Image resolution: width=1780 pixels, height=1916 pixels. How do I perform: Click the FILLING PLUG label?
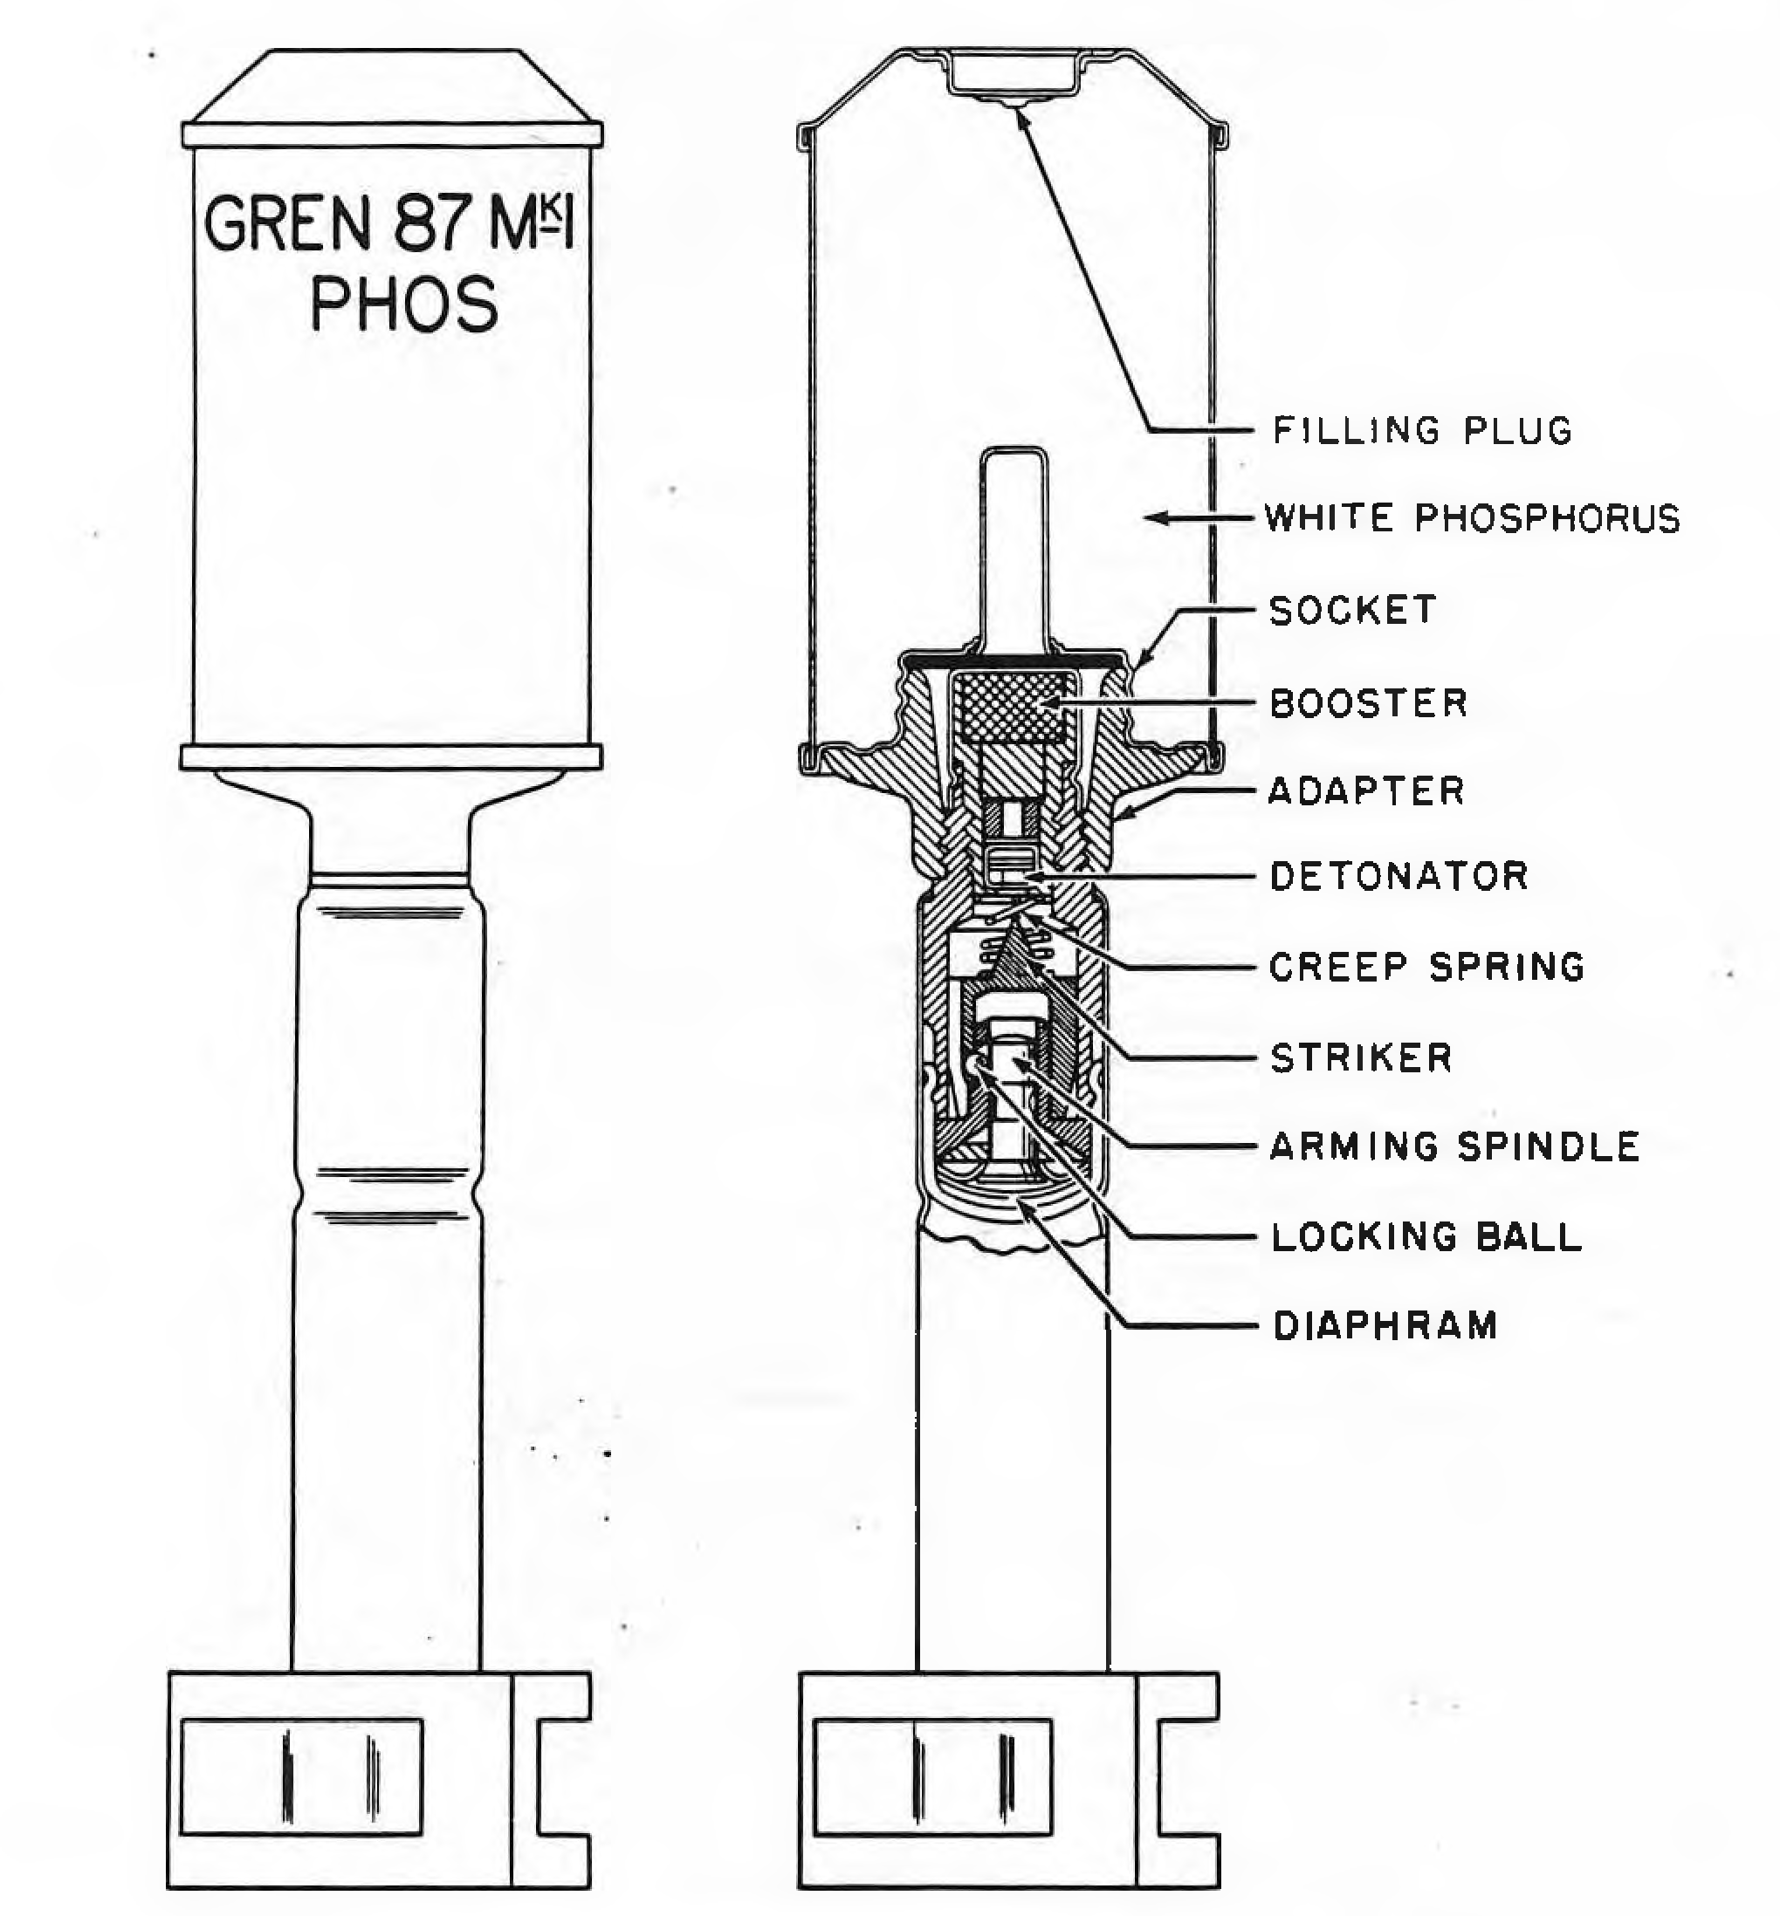tap(1423, 430)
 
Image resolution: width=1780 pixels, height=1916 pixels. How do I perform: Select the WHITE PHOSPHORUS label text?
tap(1472, 518)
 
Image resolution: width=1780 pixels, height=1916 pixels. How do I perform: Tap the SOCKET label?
tap(1352, 610)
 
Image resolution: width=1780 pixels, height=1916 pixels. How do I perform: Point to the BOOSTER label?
tap(1369, 703)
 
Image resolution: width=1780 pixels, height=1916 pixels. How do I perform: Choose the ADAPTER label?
tap(1366, 790)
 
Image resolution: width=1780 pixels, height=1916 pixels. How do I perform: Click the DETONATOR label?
tap(1399, 876)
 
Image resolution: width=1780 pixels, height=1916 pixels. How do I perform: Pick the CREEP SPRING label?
tap(1426, 967)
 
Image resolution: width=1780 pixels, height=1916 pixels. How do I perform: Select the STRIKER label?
tap(1361, 1057)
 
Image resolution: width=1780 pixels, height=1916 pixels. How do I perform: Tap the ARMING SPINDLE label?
tap(1454, 1146)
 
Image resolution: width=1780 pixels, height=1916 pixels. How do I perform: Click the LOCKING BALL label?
tap(1426, 1237)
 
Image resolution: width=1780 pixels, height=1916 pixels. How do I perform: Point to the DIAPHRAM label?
tap(1385, 1326)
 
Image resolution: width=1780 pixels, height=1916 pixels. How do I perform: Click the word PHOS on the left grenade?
tap(404, 305)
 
